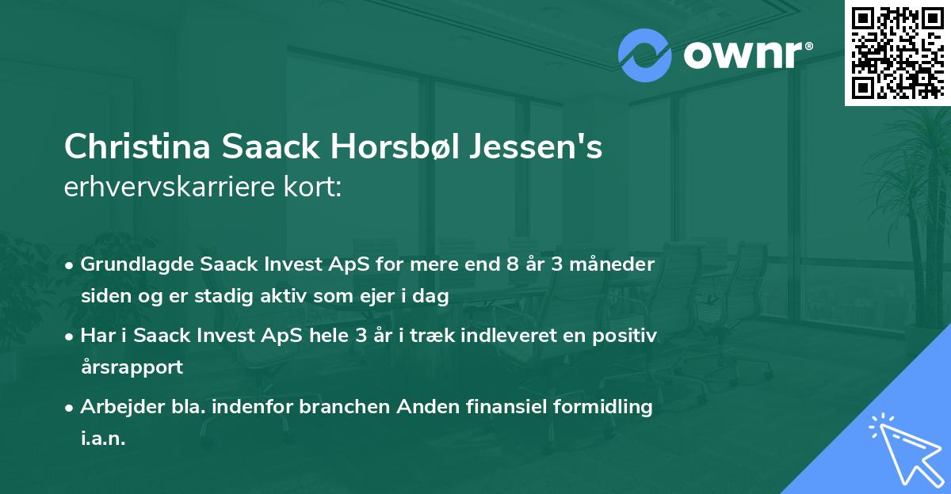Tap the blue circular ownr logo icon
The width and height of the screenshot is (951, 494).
point(645,55)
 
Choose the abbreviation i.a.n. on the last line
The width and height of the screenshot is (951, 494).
point(103,439)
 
